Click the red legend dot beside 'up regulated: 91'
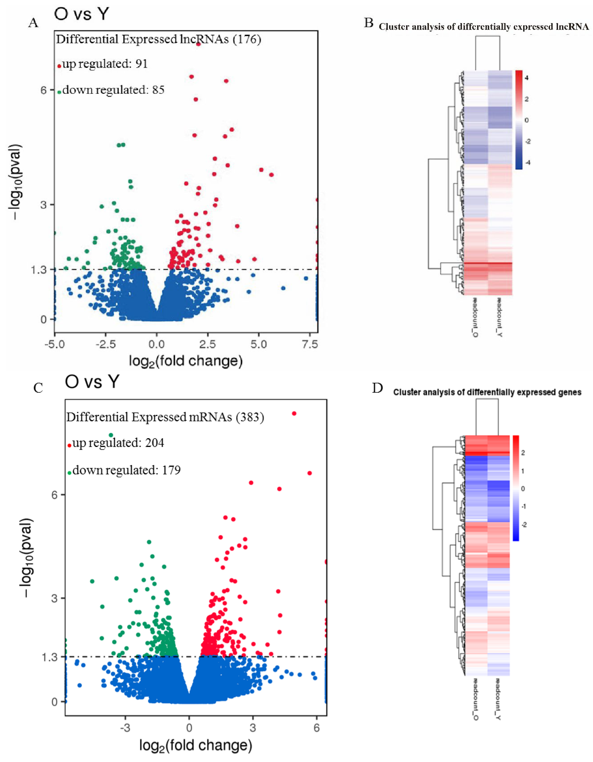point(59,66)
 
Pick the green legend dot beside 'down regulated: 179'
point(69,473)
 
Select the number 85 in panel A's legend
point(158,90)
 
